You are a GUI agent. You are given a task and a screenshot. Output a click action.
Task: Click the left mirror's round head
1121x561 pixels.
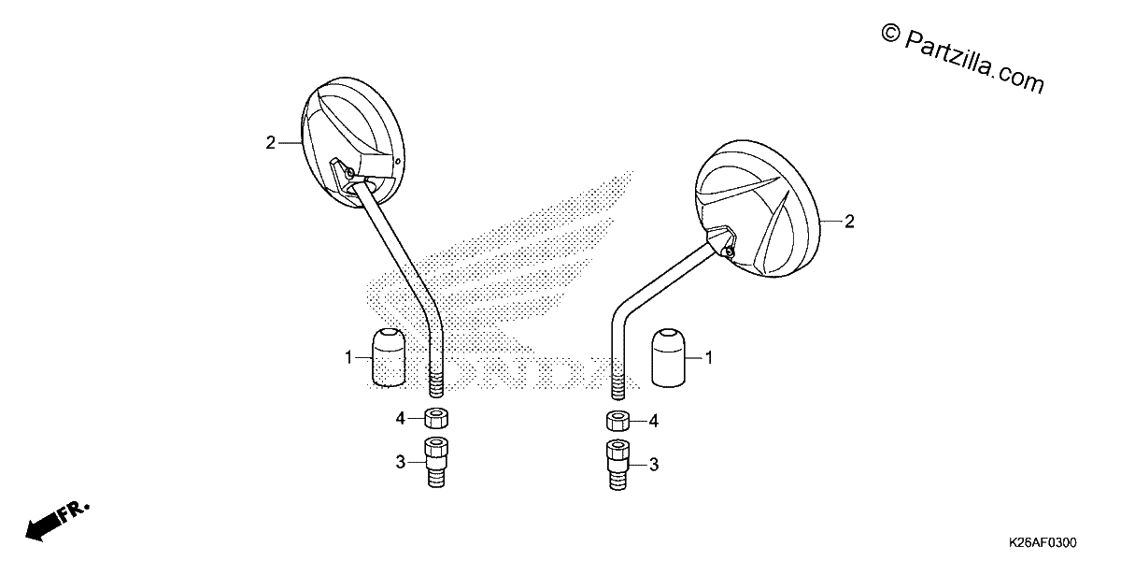click(x=353, y=142)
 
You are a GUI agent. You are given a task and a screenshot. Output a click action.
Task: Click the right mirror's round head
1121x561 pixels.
click(x=758, y=208)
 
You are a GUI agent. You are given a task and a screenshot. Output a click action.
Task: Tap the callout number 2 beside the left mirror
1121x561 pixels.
click(x=270, y=143)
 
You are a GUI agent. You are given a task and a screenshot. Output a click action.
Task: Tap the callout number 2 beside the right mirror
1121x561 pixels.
click(x=849, y=222)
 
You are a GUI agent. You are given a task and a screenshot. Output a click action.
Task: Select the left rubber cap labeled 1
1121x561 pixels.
click(x=389, y=357)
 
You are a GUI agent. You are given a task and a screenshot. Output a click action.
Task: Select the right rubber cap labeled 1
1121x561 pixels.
click(x=668, y=357)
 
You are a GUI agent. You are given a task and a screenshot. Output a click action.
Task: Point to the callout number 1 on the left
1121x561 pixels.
click(x=348, y=357)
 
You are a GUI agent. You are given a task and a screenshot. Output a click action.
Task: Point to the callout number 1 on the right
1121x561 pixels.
click(x=709, y=357)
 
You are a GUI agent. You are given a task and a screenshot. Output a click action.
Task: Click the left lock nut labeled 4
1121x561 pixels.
click(x=436, y=418)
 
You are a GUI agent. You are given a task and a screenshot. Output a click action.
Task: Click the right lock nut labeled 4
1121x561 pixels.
click(x=618, y=421)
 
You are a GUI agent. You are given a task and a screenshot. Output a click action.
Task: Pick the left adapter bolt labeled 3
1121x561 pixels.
click(x=436, y=462)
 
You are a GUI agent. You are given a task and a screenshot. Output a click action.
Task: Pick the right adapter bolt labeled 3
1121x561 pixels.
click(x=618, y=465)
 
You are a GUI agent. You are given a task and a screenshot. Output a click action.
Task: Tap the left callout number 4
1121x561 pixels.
click(x=401, y=418)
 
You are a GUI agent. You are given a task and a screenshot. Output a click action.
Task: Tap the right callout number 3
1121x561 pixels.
click(x=654, y=465)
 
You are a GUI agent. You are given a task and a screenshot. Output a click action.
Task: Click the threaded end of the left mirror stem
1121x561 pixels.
click(x=436, y=383)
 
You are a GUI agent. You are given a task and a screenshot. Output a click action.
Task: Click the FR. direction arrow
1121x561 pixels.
click(x=58, y=522)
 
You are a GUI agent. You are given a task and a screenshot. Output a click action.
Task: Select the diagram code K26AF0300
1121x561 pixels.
click(x=1043, y=542)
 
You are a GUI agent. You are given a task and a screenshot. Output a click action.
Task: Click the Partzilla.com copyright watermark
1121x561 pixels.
click(x=962, y=60)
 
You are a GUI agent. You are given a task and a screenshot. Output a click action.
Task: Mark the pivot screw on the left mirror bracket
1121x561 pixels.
click(x=350, y=173)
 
